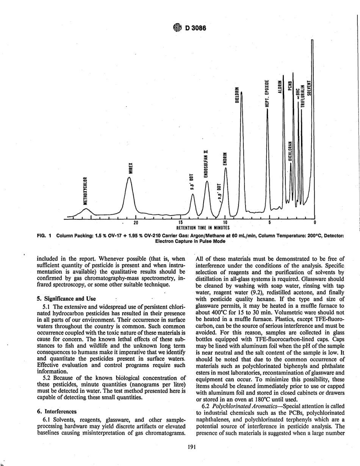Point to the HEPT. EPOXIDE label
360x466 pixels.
click(267, 93)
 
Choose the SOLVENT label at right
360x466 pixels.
click(309, 89)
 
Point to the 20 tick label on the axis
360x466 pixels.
click(136, 222)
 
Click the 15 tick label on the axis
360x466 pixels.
click(180, 222)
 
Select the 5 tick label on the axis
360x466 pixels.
click(270, 222)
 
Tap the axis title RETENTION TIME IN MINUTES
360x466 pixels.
click(203, 228)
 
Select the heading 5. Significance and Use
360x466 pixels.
click(66, 299)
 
